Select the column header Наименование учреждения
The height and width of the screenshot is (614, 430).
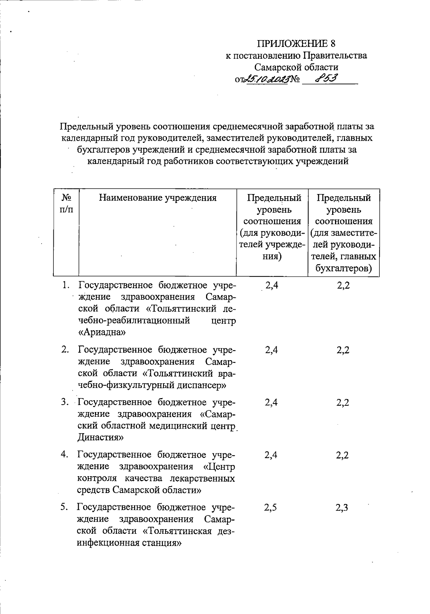(158, 198)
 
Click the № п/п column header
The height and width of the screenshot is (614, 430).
(66, 203)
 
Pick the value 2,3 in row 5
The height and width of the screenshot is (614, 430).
(342, 508)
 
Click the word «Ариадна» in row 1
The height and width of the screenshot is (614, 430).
(102, 333)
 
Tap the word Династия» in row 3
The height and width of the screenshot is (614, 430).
(101, 437)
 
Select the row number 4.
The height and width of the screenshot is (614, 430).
(65, 455)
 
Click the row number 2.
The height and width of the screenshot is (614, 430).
(65, 350)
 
